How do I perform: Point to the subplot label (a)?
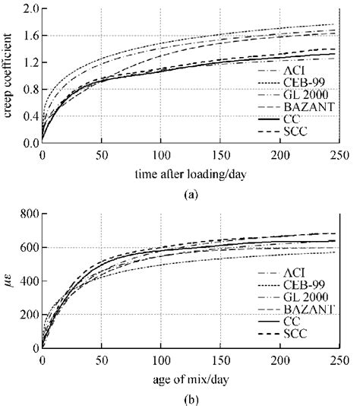(x=191, y=193)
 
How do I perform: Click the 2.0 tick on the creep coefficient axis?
(x=30, y=8)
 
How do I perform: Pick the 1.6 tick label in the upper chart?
(x=30, y=35)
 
